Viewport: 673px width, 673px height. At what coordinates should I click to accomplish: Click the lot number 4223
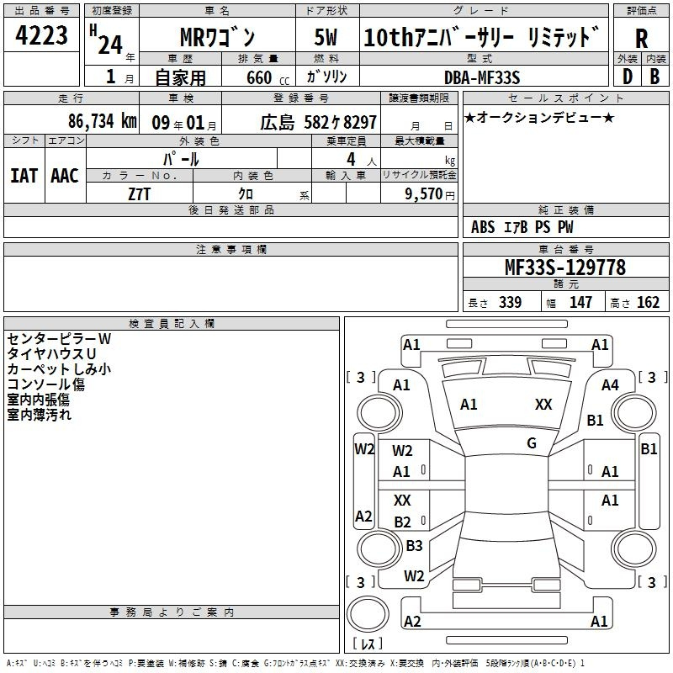tap(41, 35)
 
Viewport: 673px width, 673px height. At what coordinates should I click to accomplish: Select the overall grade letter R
tap(641, 39)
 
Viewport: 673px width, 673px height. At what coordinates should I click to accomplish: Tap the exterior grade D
tap(627, 77)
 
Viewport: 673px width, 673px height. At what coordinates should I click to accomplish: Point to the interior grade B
tap(654, 77)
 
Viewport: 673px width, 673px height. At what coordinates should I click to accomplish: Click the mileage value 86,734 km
tap(102, 121)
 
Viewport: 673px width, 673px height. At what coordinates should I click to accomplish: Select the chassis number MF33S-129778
tap(565, 268)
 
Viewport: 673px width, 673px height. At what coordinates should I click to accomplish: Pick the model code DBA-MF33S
tap(482, 77)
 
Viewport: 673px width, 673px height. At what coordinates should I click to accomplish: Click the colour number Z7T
tap(139, 194)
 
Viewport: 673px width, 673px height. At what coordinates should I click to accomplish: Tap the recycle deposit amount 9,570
tap(423, 194)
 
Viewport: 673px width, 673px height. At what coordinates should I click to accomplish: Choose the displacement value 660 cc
tap(268, 78)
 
